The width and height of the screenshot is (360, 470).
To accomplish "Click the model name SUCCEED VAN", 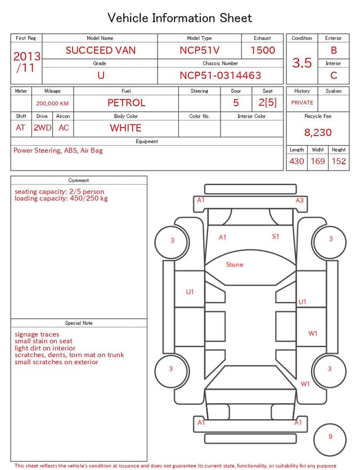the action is pos(101,50).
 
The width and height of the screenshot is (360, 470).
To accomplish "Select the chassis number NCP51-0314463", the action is pos(220,75).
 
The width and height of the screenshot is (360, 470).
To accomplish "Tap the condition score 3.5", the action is pos(302,63).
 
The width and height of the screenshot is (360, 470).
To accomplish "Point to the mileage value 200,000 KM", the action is pos(52,104).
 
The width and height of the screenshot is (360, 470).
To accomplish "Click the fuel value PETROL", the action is pos(127,103).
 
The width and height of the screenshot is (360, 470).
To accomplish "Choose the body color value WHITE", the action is pos(125,128).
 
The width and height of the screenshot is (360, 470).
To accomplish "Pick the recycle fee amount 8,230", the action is pos(318,132).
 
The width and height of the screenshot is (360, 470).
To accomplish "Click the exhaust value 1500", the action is pos(263,50).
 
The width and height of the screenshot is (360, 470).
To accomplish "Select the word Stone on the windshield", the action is pos(235,265).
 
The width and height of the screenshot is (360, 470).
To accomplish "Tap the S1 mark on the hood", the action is pos(276,236).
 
